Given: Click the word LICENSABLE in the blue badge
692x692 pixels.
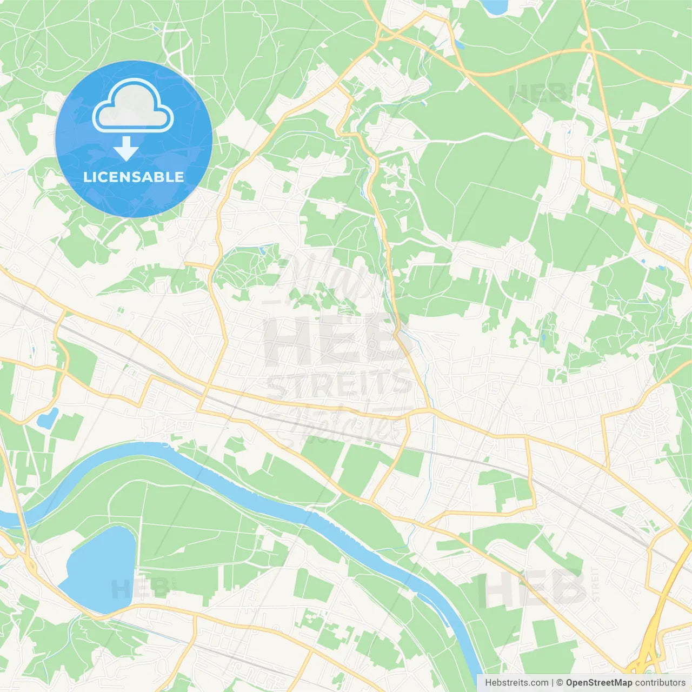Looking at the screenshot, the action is pos(134,177).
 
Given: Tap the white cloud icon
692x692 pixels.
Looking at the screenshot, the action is pos(133,106).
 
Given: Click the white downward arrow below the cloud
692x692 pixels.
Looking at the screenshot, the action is pos(126,149).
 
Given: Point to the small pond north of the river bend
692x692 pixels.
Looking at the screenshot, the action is pos(47,417).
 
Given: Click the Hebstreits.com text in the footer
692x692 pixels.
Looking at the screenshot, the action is pos(516,683).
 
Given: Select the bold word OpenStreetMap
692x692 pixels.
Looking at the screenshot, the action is pos(598,683).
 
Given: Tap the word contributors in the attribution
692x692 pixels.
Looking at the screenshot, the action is pos(660,683).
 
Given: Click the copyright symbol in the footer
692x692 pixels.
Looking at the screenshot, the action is pos(560,683).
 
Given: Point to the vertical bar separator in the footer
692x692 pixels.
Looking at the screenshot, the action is pos(553,683).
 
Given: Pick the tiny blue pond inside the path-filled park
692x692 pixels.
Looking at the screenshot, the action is pos(262,250).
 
